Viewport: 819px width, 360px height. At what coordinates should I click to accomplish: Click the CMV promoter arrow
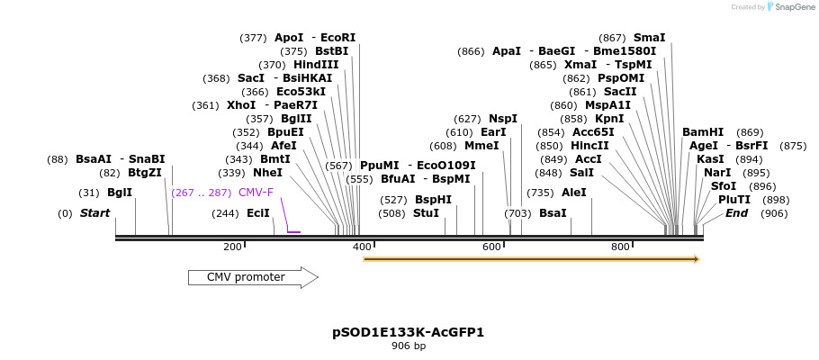pos(252,277)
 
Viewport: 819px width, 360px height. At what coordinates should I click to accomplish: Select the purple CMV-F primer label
pos(256,192)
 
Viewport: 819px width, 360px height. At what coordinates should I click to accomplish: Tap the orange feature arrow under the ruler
pos(531,259)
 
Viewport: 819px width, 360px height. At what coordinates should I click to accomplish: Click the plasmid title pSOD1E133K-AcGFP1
pos(408,332)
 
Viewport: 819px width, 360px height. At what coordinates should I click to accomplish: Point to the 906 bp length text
pos(408,346)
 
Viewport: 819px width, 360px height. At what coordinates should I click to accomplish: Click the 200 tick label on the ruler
pos(232,247)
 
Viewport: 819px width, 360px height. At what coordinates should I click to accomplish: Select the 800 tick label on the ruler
pos(620,247)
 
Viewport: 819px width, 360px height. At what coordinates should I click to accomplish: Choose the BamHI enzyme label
pos(703,132)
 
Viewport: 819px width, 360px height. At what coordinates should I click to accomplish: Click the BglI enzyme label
pos(120,193)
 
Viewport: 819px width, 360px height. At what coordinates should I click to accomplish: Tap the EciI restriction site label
pos(258,213)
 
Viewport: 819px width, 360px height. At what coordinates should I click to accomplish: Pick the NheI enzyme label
pos(267,173)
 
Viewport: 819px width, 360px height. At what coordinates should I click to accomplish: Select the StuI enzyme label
pos(426,213)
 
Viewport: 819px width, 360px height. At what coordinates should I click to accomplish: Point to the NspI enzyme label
pos(503,119)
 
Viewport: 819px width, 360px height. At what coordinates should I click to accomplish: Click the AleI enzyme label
pos(573,193)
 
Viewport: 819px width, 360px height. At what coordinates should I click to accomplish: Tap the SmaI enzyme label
pos(649,38)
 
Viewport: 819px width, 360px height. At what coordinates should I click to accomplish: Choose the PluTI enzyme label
pos(733,200)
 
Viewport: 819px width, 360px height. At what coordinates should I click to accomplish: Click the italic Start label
pos(94,213)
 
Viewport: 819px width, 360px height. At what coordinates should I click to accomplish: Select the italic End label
pos(736,213)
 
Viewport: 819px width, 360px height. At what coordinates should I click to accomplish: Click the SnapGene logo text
pos(792,7)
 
